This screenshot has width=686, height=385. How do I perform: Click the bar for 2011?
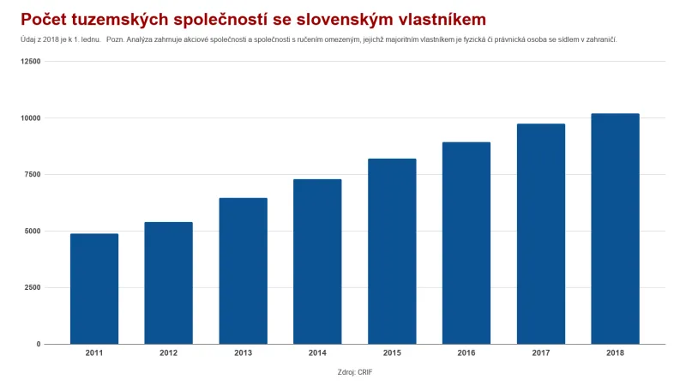pyautogui.click(x=94, y=289)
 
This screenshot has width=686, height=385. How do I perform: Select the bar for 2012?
pyautogui.click(x=168, y=283)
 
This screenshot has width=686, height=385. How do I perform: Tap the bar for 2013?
pyautogui.click(x=243, y=271)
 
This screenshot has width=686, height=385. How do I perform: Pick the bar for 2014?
pyautogui.click(x=317, y=262)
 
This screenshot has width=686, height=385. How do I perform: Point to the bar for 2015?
pyautogui.click(x=392, y=251)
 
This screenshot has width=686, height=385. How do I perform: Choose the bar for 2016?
pyautogui.click(x=466, y=244)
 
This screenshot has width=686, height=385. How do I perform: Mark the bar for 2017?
pyautogui.click(x=541, y=234)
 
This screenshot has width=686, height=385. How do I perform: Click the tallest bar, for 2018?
pyautogui.click(x=615, y=229)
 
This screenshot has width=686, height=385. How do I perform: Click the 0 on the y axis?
pyautogui.click(x=38, y=344)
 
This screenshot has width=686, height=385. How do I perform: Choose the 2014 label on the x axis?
pyautogui.click(x=317, y=353)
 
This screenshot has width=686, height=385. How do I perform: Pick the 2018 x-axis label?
pyautogui.click(x=615, y=353)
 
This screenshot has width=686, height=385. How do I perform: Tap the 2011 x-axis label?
pyautogui.click(x=94, y=353)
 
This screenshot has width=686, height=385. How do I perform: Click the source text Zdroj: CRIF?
pyautogui.click(x=355, y=373)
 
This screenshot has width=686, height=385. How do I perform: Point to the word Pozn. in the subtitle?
pyautogui.click(x=116, y=40)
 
